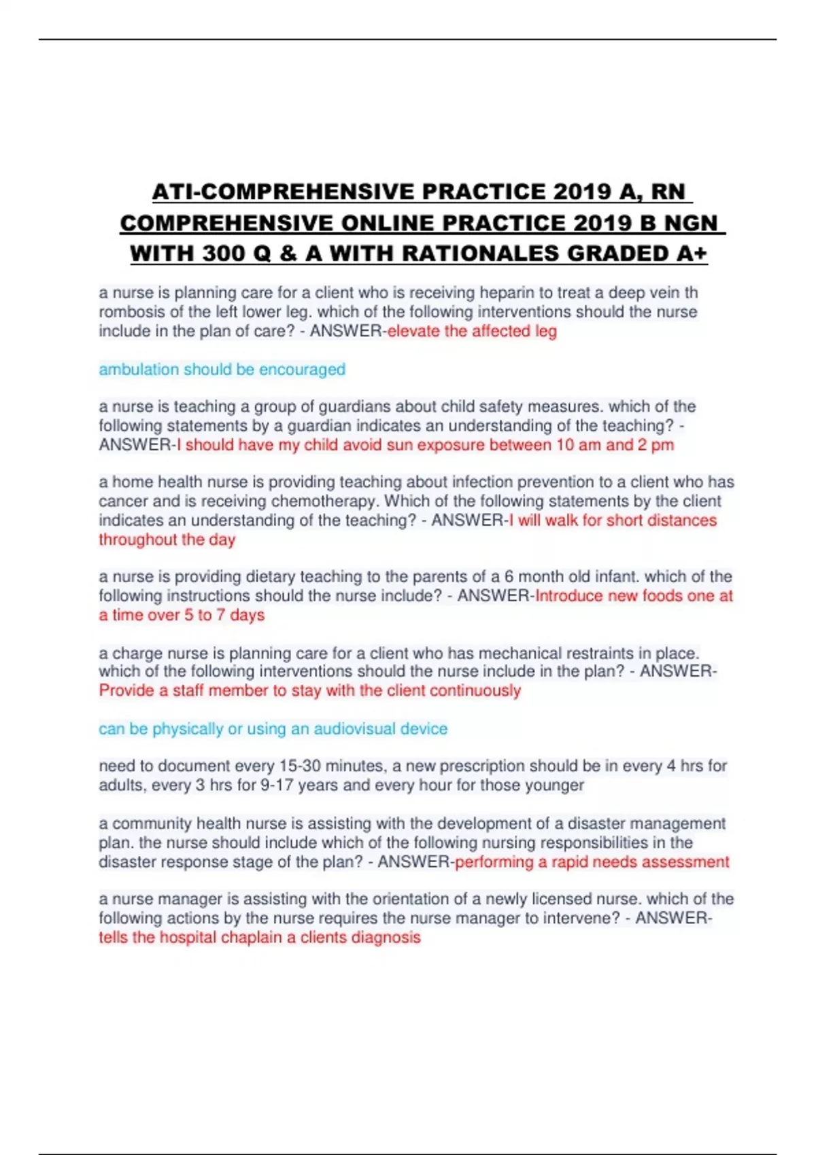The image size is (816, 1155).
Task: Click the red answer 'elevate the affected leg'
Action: click(x=472, y=332)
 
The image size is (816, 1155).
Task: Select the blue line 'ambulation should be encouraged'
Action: click(x=222, y=370)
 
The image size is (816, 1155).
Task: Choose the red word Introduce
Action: click(x=568, y=596)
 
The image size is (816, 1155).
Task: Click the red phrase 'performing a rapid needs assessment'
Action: click(x=592, y=862)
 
